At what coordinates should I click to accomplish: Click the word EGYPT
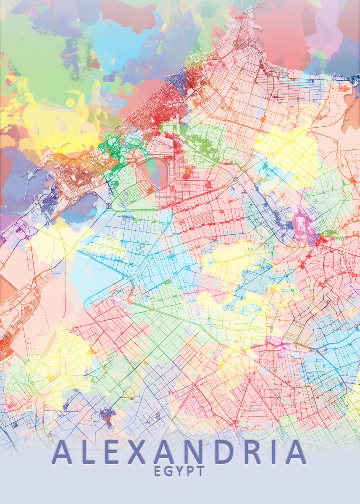coord(179,471)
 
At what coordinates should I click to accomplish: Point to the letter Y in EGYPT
coord(179,471)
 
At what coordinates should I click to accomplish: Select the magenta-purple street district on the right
coord(305,229)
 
